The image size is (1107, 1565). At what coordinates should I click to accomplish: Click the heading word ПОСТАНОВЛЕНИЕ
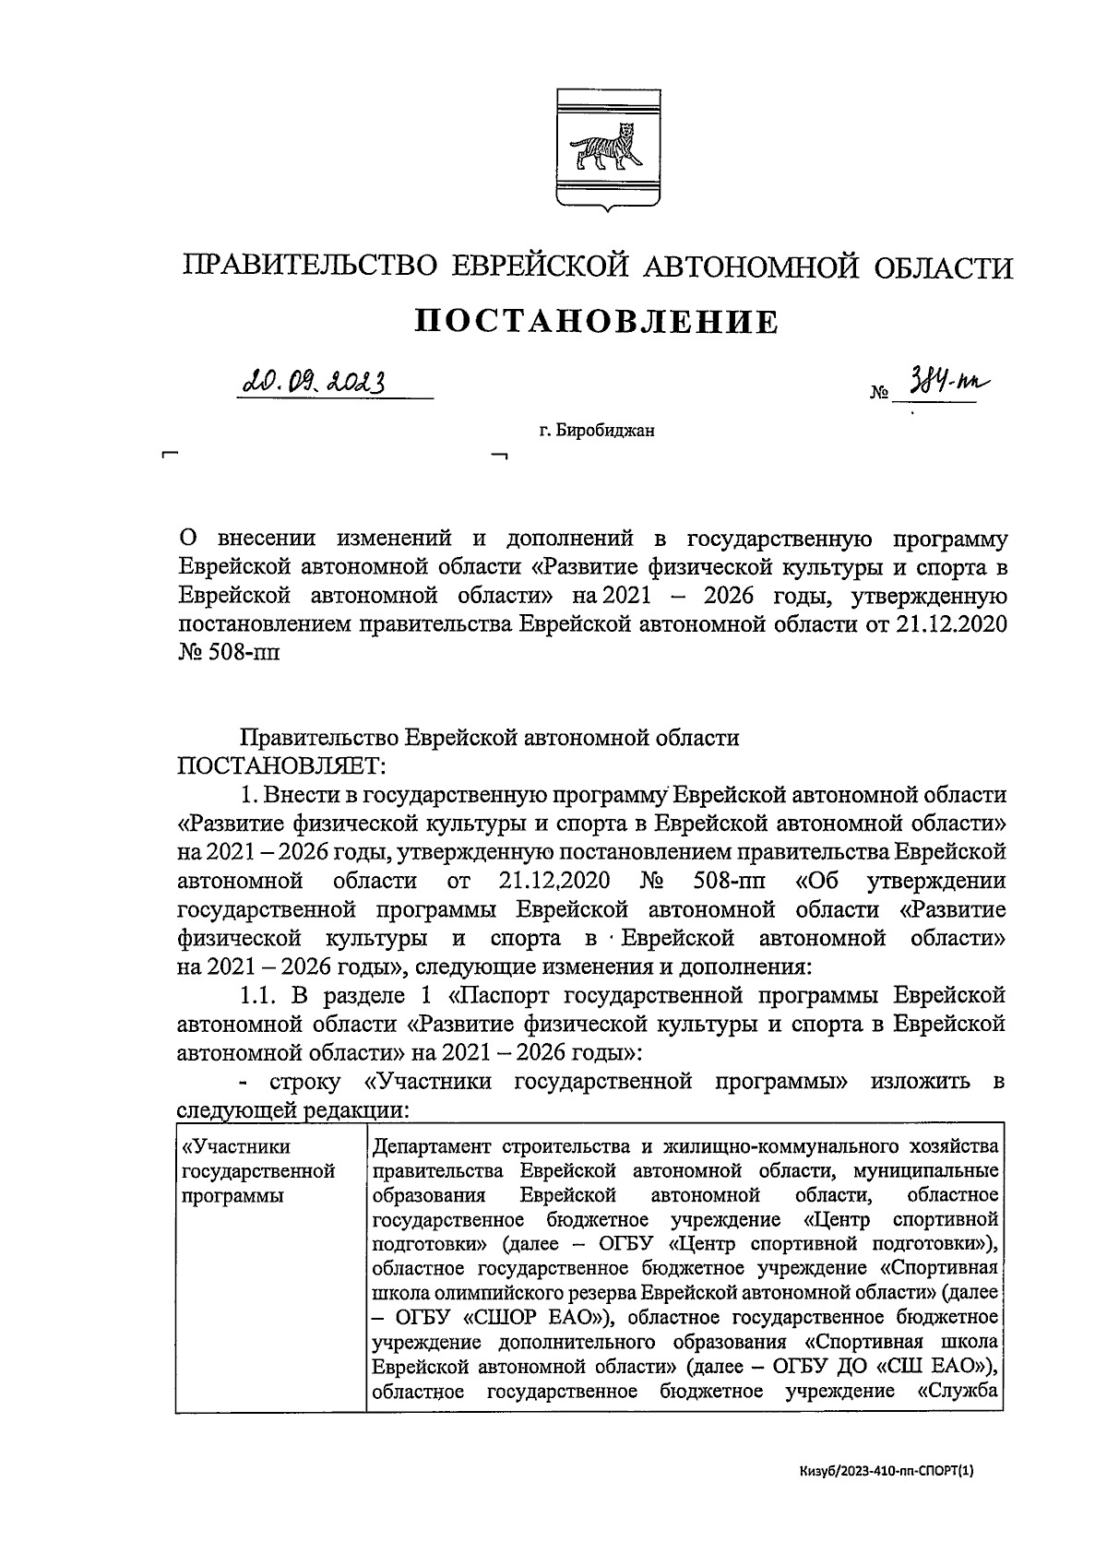[x=597, y=321]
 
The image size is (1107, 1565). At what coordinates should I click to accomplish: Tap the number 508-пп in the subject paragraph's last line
[x=248, y=653]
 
